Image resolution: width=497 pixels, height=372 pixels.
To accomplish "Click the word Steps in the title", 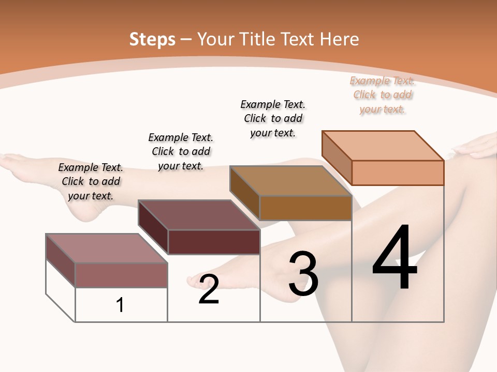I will [152, 39].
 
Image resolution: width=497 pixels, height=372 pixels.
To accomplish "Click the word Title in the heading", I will [256, 39].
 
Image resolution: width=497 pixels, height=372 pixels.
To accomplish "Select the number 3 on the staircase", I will [303, 274].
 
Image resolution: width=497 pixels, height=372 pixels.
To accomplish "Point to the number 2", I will [209, 289].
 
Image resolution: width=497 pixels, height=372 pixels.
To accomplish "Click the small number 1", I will [120, 305].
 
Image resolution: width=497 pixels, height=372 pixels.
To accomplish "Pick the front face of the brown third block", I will [305, 208].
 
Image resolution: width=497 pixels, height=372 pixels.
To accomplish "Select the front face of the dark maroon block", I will [214, 242].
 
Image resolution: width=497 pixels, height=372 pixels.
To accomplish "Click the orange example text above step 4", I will [383, 95].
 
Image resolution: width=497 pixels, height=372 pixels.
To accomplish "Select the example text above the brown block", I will [273, 118].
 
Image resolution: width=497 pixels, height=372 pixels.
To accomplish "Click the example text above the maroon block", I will [181, 151].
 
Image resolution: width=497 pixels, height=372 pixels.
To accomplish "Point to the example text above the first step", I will [91, 181].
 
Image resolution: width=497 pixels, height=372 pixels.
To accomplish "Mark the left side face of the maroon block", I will [153, 227].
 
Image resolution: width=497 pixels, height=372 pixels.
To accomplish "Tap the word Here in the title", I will [339, 39].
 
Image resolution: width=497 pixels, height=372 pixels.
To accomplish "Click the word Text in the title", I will [297, 39].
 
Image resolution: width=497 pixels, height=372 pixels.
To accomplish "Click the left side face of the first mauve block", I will [61, 260].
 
